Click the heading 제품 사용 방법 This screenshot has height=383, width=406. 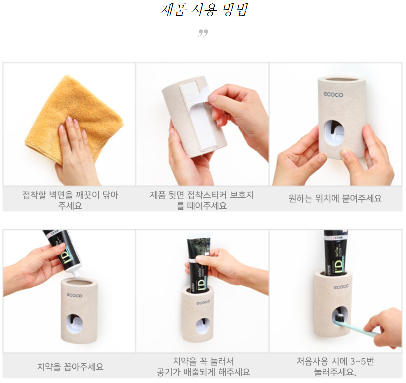[x=204, y=10]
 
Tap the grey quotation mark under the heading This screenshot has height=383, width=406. [x=203, y=33]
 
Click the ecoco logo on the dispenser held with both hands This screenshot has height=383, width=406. [x=333, y=94]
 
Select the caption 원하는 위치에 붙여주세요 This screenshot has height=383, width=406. [x=335, y=198]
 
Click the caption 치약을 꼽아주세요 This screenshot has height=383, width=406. [x=70, y=367]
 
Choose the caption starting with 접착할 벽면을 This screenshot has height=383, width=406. [x=70, y=200]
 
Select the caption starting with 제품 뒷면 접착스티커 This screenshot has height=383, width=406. [x=202, y=200]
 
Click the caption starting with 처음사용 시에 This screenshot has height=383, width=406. [x=335, y=367]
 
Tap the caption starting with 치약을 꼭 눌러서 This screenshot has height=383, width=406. [x=203, y=367]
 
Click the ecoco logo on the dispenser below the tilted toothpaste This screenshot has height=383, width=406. [x=74, y=295]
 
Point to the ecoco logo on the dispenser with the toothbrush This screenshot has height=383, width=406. [x=341, y=287]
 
